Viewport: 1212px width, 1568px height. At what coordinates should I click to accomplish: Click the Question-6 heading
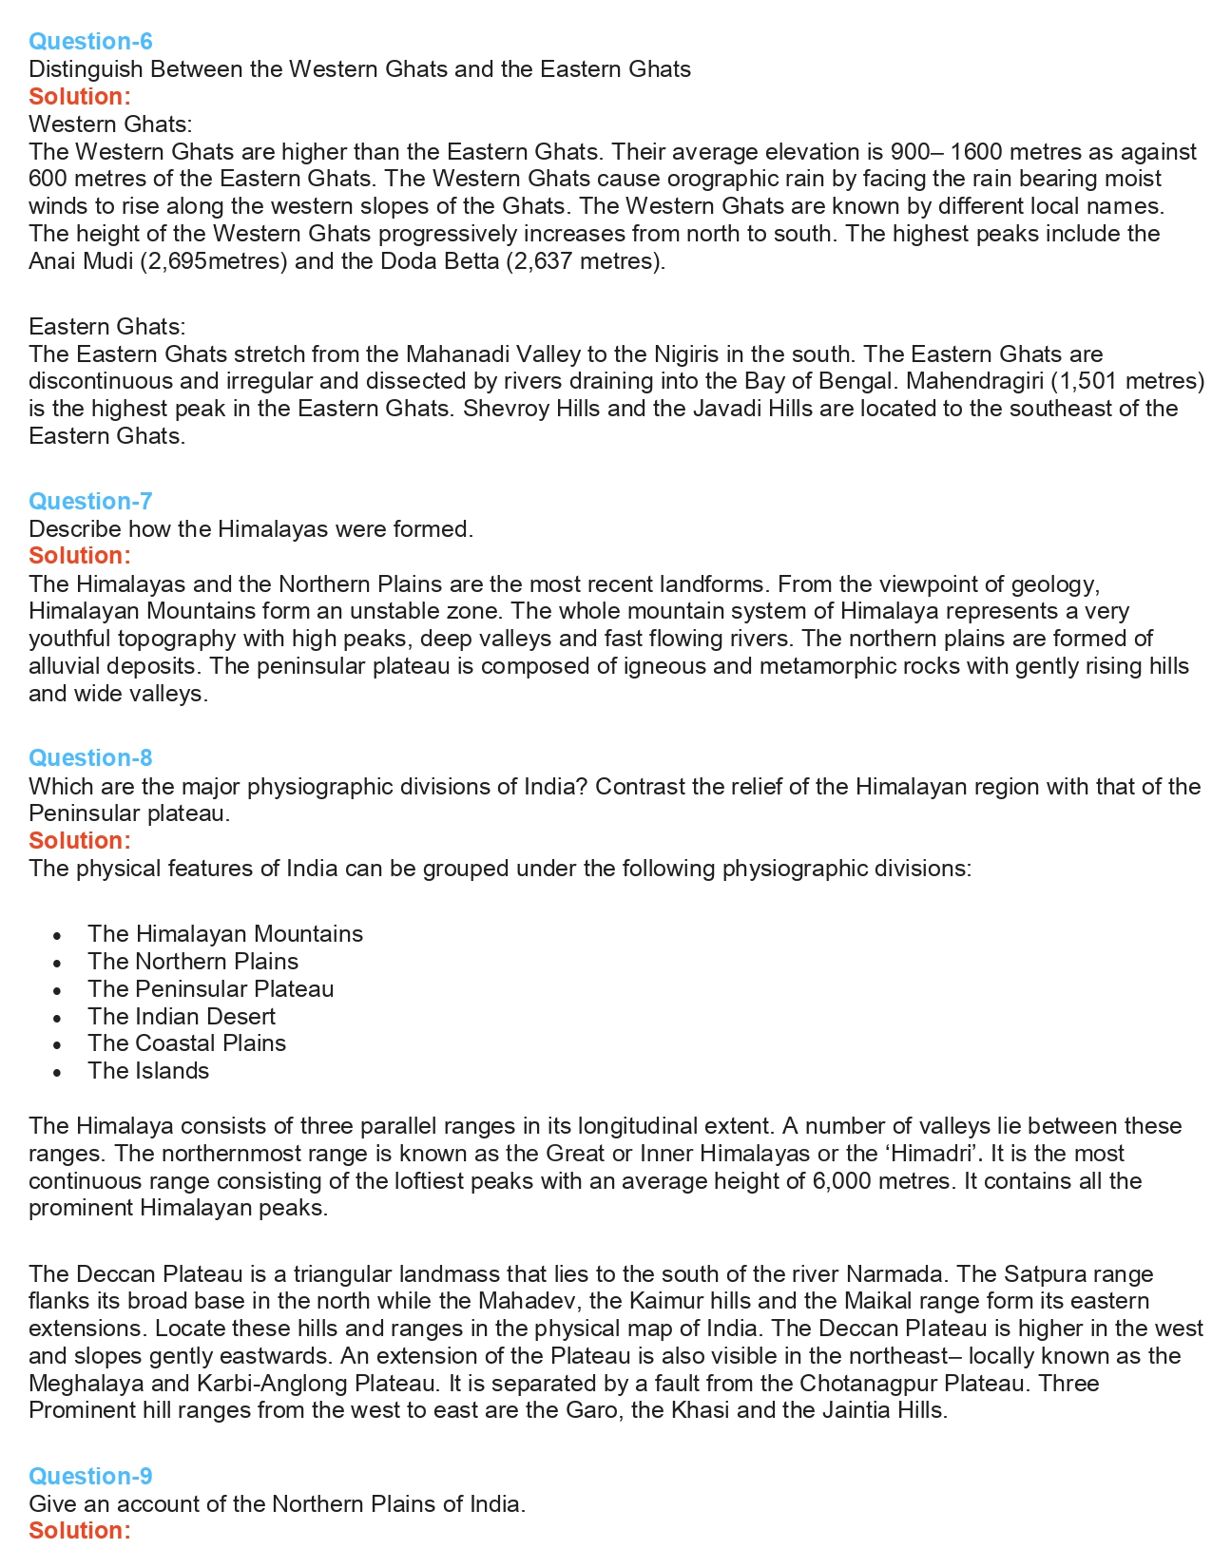(90, 41)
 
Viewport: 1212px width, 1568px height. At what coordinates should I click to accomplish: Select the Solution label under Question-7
(79, 555)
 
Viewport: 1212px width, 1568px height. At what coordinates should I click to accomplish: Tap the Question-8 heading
(90, 757)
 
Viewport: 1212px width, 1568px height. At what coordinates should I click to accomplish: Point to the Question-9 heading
(90, 1476)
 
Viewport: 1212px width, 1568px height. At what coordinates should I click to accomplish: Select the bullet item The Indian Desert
(182, 1016)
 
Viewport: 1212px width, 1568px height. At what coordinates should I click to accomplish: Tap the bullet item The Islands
(148, 1070)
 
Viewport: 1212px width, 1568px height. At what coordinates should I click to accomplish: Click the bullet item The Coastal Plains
(186, 1042)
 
